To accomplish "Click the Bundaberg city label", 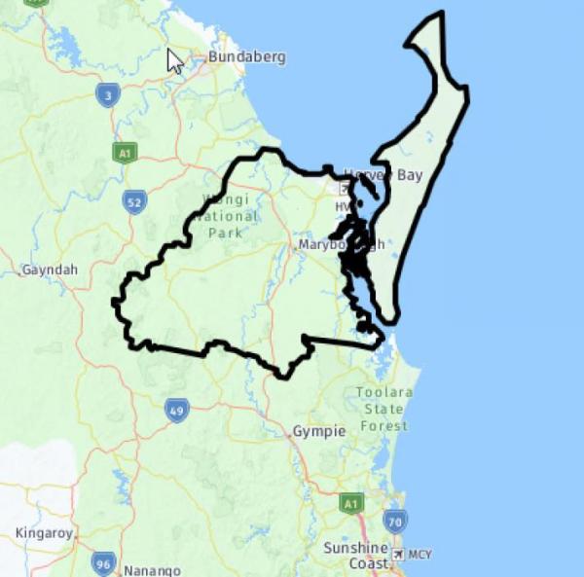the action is click(x=246, y=57).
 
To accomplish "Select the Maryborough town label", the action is click(x=341, y=244).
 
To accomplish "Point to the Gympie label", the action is click(x=319, y=431).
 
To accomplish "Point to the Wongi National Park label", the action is click(x=227, y=217).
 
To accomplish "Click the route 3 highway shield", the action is click(x=108, y=94).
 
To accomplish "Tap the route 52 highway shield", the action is click(x=135, y=201).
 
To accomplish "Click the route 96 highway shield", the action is click(x=104, y=562).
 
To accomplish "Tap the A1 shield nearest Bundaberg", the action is click(x=124, y=153).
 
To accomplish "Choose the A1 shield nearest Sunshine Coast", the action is click(x=352, y=503).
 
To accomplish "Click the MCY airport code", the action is click(x=420, y=555).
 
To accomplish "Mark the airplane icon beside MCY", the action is click(x=397, y=554).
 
